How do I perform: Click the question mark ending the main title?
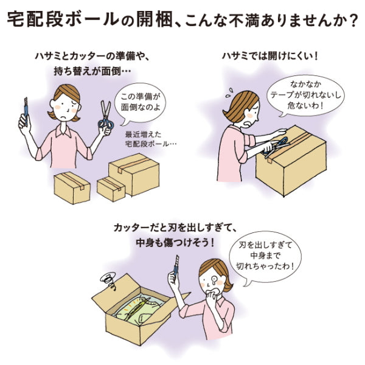352,20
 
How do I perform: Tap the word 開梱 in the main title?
154,19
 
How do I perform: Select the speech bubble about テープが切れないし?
305,95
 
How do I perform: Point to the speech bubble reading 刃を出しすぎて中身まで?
265,256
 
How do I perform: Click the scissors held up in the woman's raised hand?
105,115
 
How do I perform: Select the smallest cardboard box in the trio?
111,189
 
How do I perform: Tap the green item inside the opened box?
137,309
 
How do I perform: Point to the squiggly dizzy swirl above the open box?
108,280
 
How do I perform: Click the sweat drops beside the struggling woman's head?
229,92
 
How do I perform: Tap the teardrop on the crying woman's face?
214,280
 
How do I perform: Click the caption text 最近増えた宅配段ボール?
150,139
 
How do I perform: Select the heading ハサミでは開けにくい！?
270,57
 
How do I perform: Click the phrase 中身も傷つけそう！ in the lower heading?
175,243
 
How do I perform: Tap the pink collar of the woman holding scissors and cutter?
63,131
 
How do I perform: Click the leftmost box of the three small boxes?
72,187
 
